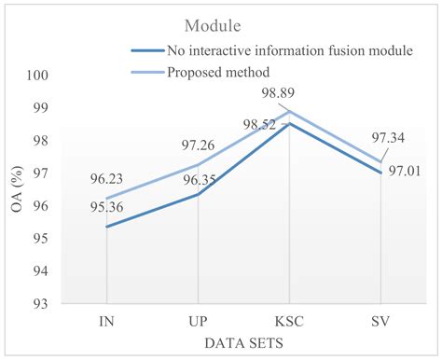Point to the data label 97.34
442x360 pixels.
pyautogui.click(x=400, y=138)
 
